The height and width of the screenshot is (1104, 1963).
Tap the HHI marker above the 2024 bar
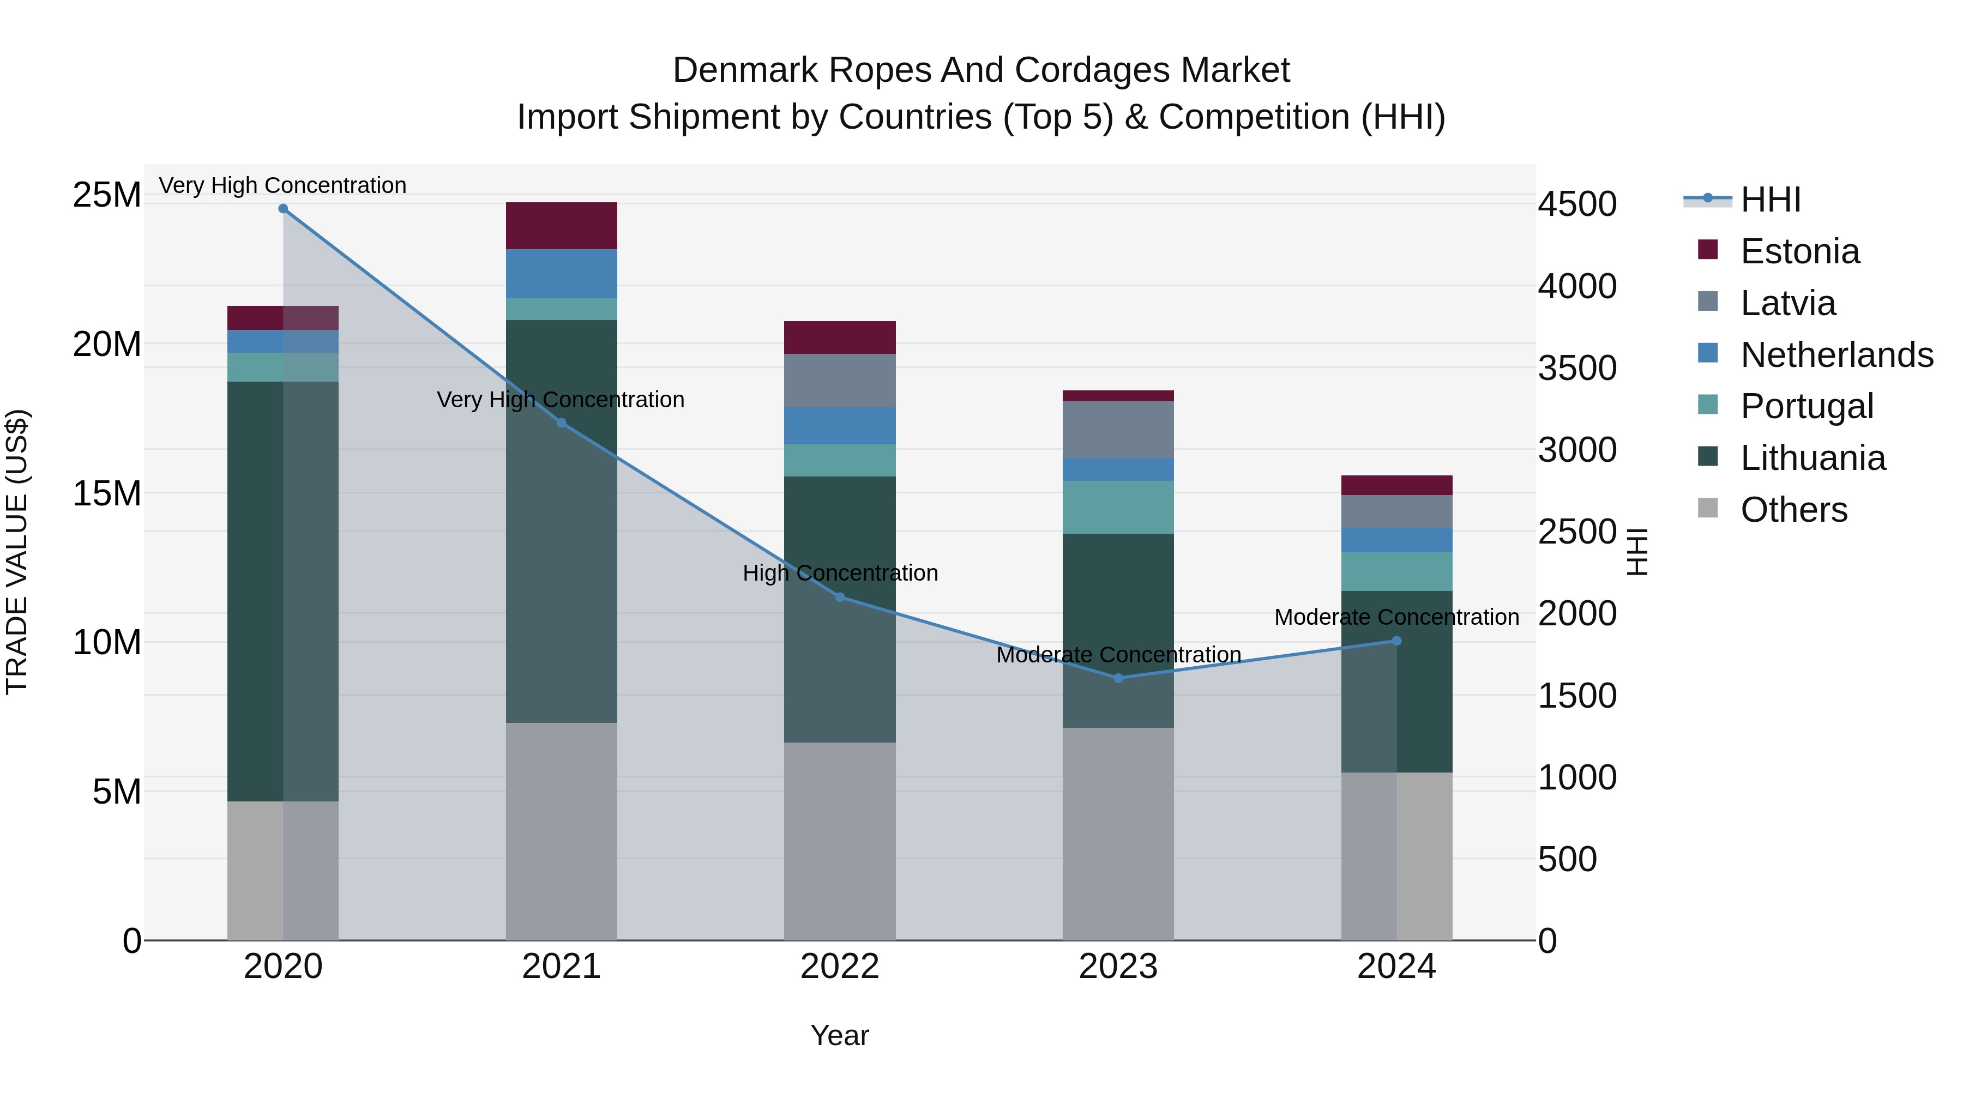1396,641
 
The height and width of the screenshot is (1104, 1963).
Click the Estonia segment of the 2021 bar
561,226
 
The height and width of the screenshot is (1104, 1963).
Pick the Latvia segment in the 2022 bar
840,380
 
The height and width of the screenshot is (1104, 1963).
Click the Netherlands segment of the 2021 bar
561,274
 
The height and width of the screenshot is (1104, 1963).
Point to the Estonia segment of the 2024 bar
1396,485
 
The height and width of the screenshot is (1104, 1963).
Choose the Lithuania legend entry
1812,459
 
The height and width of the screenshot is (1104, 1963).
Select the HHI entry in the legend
1770,200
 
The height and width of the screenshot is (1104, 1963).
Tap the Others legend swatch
1708,508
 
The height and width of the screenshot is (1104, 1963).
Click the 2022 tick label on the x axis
840,967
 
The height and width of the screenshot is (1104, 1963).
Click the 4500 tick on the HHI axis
1576,204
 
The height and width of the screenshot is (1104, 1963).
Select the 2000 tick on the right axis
1576,613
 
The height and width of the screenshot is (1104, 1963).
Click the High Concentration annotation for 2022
840,573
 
